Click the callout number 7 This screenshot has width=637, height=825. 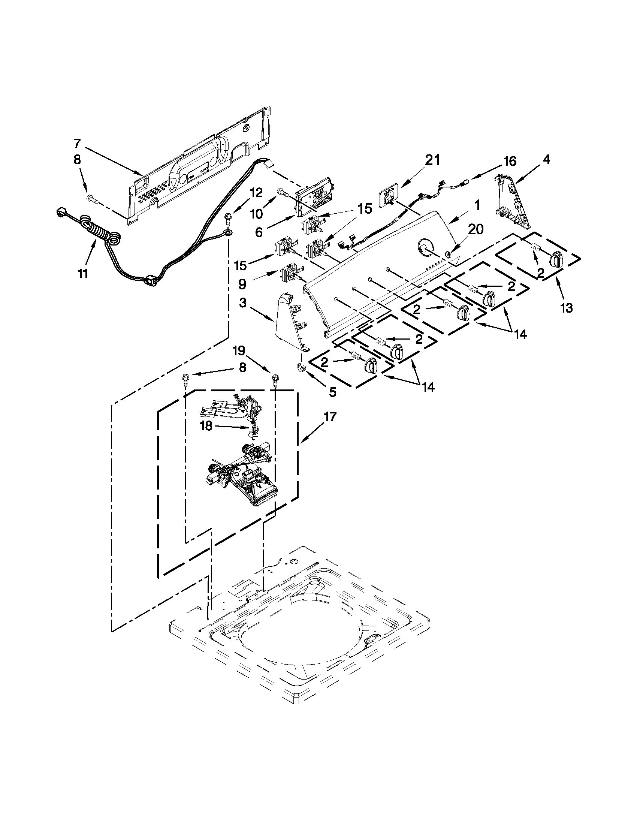pos(77,144)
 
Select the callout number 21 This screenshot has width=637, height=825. pos(432,160)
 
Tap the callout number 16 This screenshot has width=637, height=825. pos(509,161)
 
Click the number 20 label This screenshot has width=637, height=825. pos(475,229)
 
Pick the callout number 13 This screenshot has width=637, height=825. pos(567,308)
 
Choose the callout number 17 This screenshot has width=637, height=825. pos(329,417)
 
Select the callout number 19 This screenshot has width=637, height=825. pos(239,351)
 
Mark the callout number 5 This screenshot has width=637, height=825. pos(332,392)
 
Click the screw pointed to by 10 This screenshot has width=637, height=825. pos(283,192)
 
